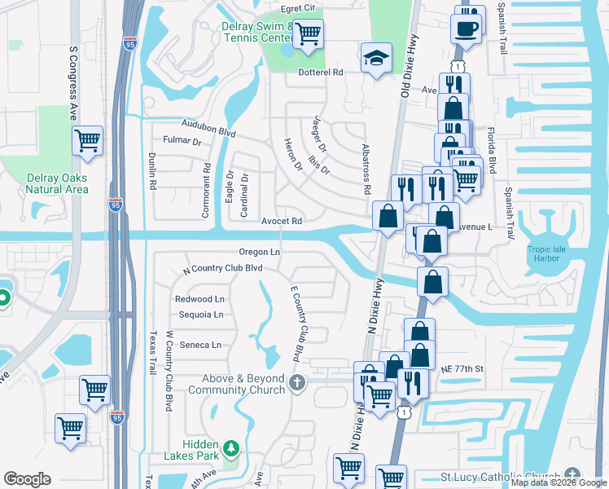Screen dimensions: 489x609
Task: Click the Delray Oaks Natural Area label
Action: point(56,183)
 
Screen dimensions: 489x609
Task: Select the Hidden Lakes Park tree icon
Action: point(231,447)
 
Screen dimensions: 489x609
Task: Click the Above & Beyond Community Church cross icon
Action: point(298,381)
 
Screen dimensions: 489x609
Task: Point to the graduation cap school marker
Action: point(375,58)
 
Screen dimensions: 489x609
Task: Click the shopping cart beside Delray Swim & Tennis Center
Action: point(308,34)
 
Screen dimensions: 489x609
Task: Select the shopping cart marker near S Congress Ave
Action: point(87,141)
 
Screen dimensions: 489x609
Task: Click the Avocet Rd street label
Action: point(282,221)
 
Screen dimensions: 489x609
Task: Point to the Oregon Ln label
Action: point(260,252)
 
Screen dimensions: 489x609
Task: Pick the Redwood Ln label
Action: point(199,299)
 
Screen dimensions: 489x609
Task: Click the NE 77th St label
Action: point(462,369)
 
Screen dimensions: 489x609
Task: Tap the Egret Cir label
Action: point(297,8)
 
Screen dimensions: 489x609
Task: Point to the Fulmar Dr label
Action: point(182,140)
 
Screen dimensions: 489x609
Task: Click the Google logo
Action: point(27,479)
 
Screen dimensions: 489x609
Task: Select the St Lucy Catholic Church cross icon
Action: point(572,475)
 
